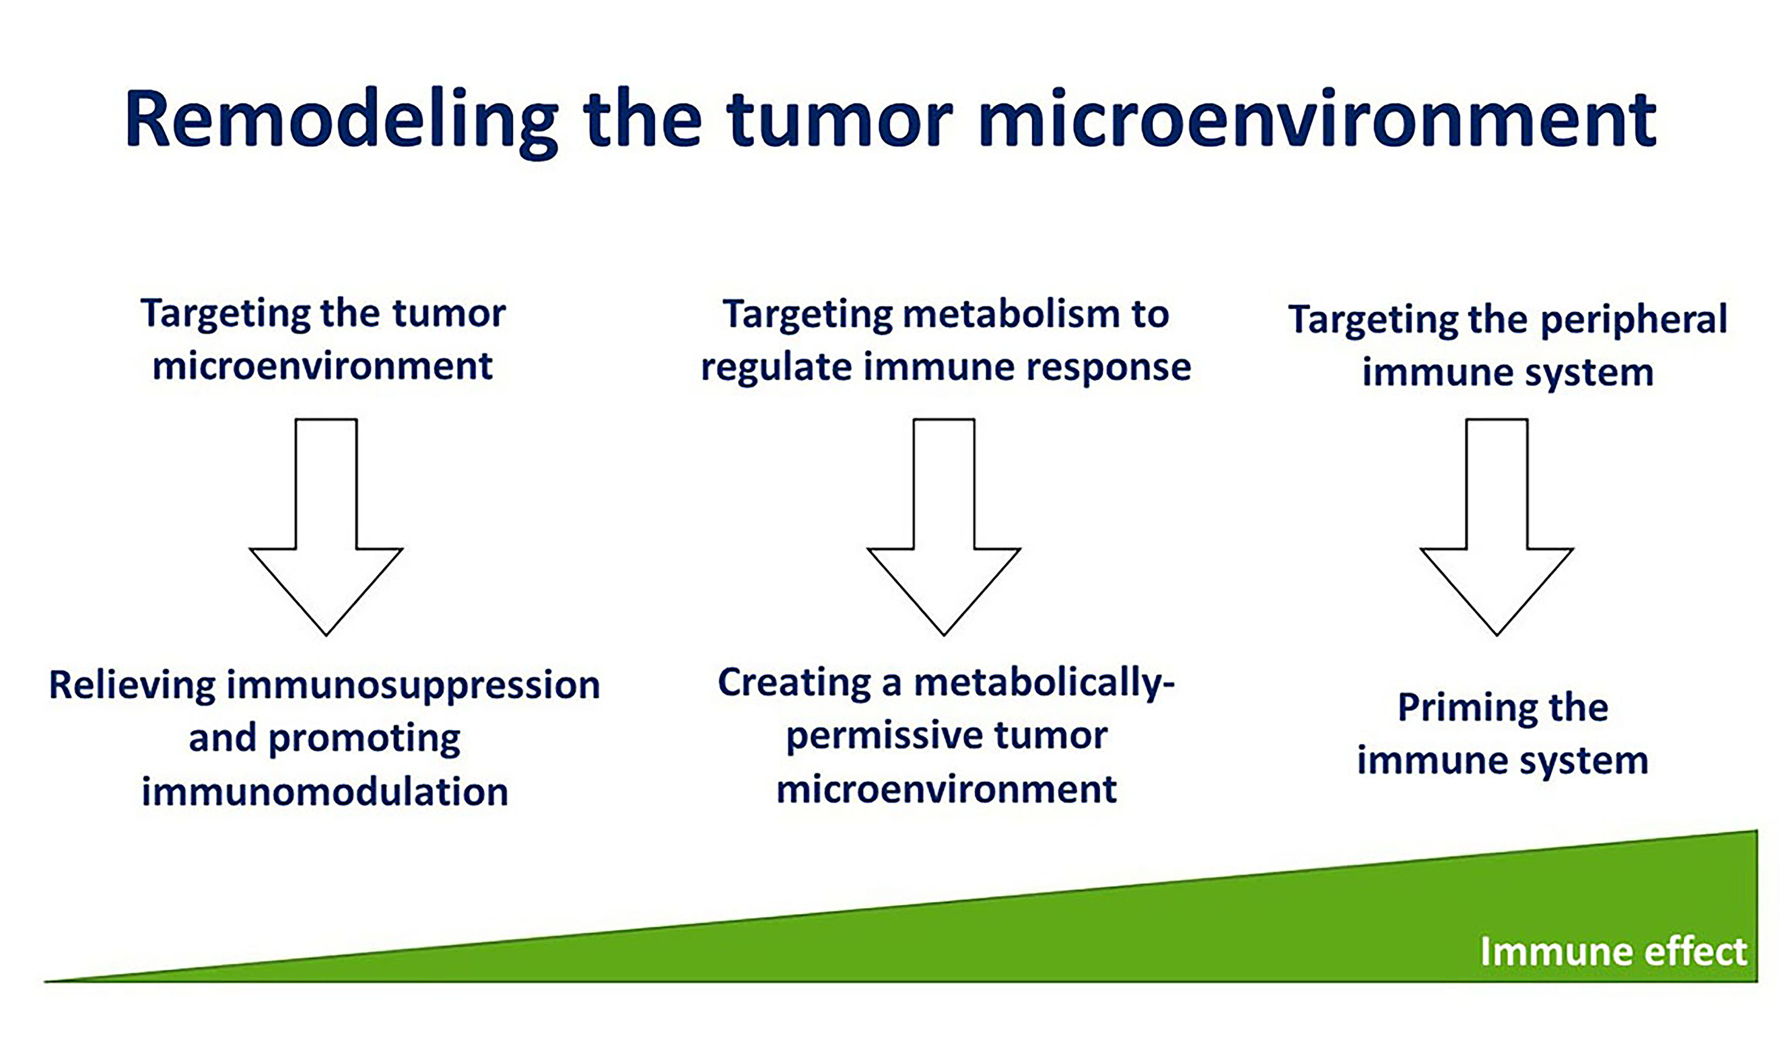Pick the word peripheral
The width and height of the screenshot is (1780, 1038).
[1633, 320]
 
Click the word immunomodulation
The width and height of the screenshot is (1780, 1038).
[325, 792]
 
